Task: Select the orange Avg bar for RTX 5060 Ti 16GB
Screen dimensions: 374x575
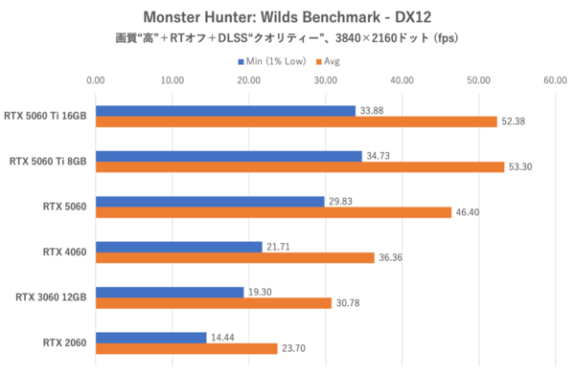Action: (x=296, y=121)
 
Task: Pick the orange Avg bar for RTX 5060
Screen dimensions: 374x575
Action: (x=273, y=212)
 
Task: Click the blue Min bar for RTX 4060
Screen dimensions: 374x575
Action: (x=178, y=247)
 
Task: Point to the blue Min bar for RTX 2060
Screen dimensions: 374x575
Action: (x=150, y=338)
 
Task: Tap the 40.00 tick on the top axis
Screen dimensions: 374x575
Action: (x=402, y=81)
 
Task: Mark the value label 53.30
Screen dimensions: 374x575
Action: (x=523, y=166)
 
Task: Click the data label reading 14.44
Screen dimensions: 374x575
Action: (x=225, y=338)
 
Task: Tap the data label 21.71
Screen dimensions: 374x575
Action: (x=281, y=247)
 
